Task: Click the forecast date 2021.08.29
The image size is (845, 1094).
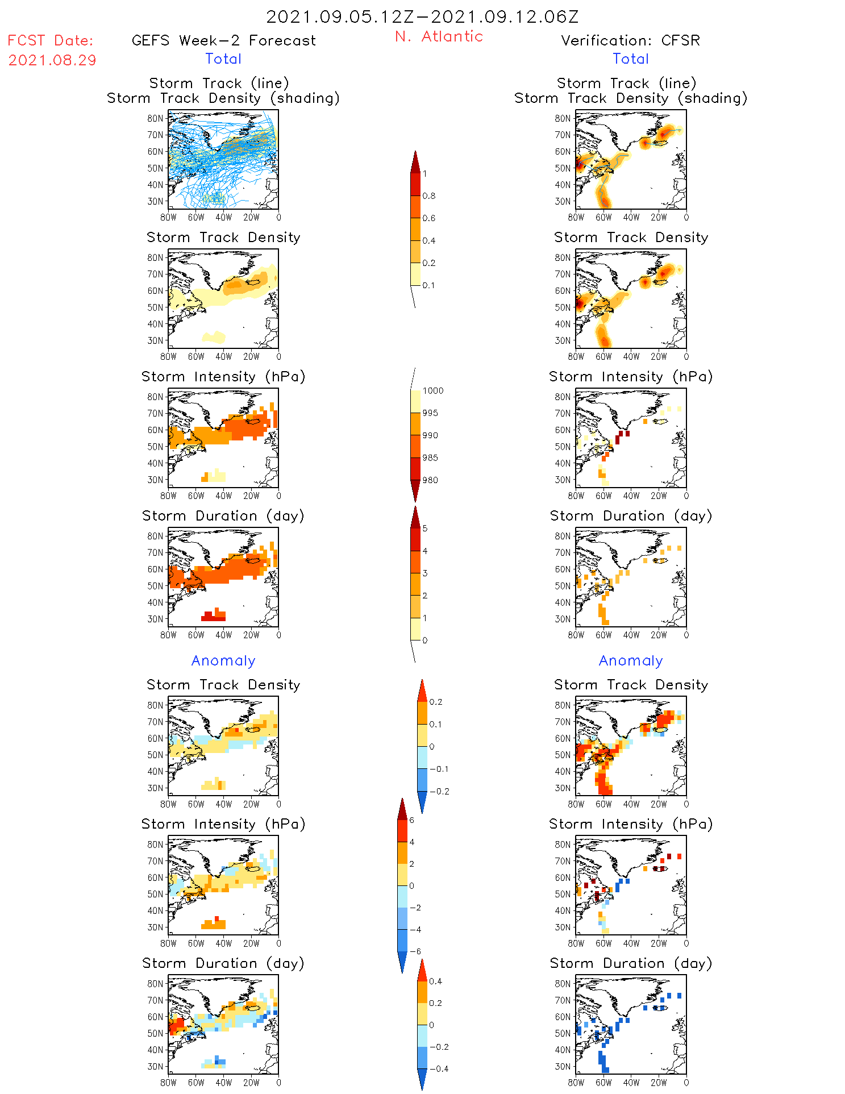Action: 52,60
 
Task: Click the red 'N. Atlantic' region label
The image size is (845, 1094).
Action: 439,36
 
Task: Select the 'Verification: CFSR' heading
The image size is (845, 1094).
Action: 630,40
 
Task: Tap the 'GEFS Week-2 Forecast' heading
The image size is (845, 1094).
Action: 223,40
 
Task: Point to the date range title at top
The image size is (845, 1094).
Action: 422,16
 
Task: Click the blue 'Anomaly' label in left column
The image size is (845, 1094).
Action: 223,660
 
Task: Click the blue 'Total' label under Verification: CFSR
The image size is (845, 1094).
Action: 630,59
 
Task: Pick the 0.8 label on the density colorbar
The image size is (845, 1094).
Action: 429,196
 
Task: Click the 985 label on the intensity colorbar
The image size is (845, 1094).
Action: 430,458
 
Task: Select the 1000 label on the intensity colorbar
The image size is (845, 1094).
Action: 432,391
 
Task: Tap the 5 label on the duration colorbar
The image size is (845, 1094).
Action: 425,529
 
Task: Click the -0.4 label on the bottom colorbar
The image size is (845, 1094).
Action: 438,1069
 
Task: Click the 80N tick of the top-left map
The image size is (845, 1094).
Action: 155,118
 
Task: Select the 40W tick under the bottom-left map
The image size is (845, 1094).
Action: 223,1083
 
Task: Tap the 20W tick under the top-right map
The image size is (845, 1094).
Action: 658,217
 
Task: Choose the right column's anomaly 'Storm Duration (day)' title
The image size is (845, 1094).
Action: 631,963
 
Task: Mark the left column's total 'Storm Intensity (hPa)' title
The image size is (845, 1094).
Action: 223,377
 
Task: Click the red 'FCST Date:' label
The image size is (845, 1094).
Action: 50,40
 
